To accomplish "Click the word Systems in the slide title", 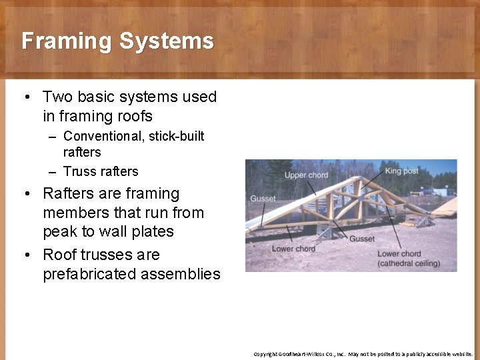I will [x=167, y=41].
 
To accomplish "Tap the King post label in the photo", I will [x=403, y=171].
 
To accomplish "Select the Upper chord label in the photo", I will [x=307, y=175].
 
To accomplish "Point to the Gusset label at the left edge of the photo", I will [x=263, y=199].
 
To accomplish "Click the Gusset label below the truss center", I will [x=362, y=239].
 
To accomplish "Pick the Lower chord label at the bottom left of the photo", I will [x=293, y=249].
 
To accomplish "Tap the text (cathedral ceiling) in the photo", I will [x=409, y=263].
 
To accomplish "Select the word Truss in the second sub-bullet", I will [x=79, y=171].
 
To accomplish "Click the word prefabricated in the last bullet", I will [x=85, y=274].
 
